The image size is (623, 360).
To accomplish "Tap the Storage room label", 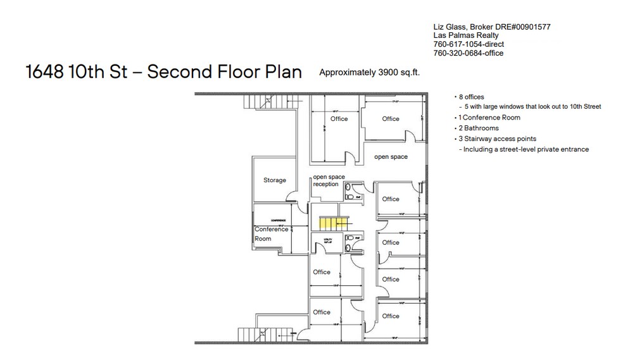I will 275,180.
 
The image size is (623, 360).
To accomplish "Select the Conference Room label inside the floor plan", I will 271,233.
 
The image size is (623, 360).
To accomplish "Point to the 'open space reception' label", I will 325,180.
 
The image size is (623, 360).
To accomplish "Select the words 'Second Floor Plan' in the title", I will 224,72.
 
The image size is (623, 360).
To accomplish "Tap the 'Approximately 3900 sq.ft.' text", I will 369,73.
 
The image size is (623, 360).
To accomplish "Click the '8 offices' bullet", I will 471,97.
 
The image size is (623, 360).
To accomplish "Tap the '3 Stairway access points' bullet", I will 496,139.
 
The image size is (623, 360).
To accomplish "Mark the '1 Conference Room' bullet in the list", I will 488,118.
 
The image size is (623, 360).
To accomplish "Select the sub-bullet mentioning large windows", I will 532,107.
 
